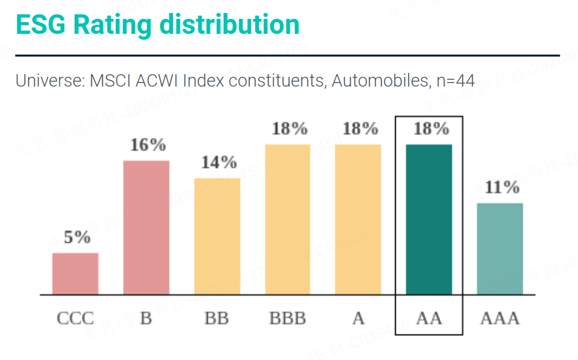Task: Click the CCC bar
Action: click(76, 273)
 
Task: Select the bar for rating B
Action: click(146, 227)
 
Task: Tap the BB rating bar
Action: click(217, 236)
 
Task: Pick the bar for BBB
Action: click(288, 219)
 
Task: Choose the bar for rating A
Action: click(358, 219)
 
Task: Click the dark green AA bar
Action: click(429, 219)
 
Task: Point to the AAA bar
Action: click(500, 248)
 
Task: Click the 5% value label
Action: click(77, 238)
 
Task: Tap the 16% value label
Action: click(148, 145)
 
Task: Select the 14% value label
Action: click(219, 162)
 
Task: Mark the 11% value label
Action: click(502, 187)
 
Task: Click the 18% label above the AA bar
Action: click(431, 128)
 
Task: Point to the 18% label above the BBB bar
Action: click(290, 128)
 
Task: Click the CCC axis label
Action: click(76, 318)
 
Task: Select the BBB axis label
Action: click(288, 318)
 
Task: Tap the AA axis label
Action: click(429, 318)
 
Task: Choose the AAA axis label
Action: click(500, 318)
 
